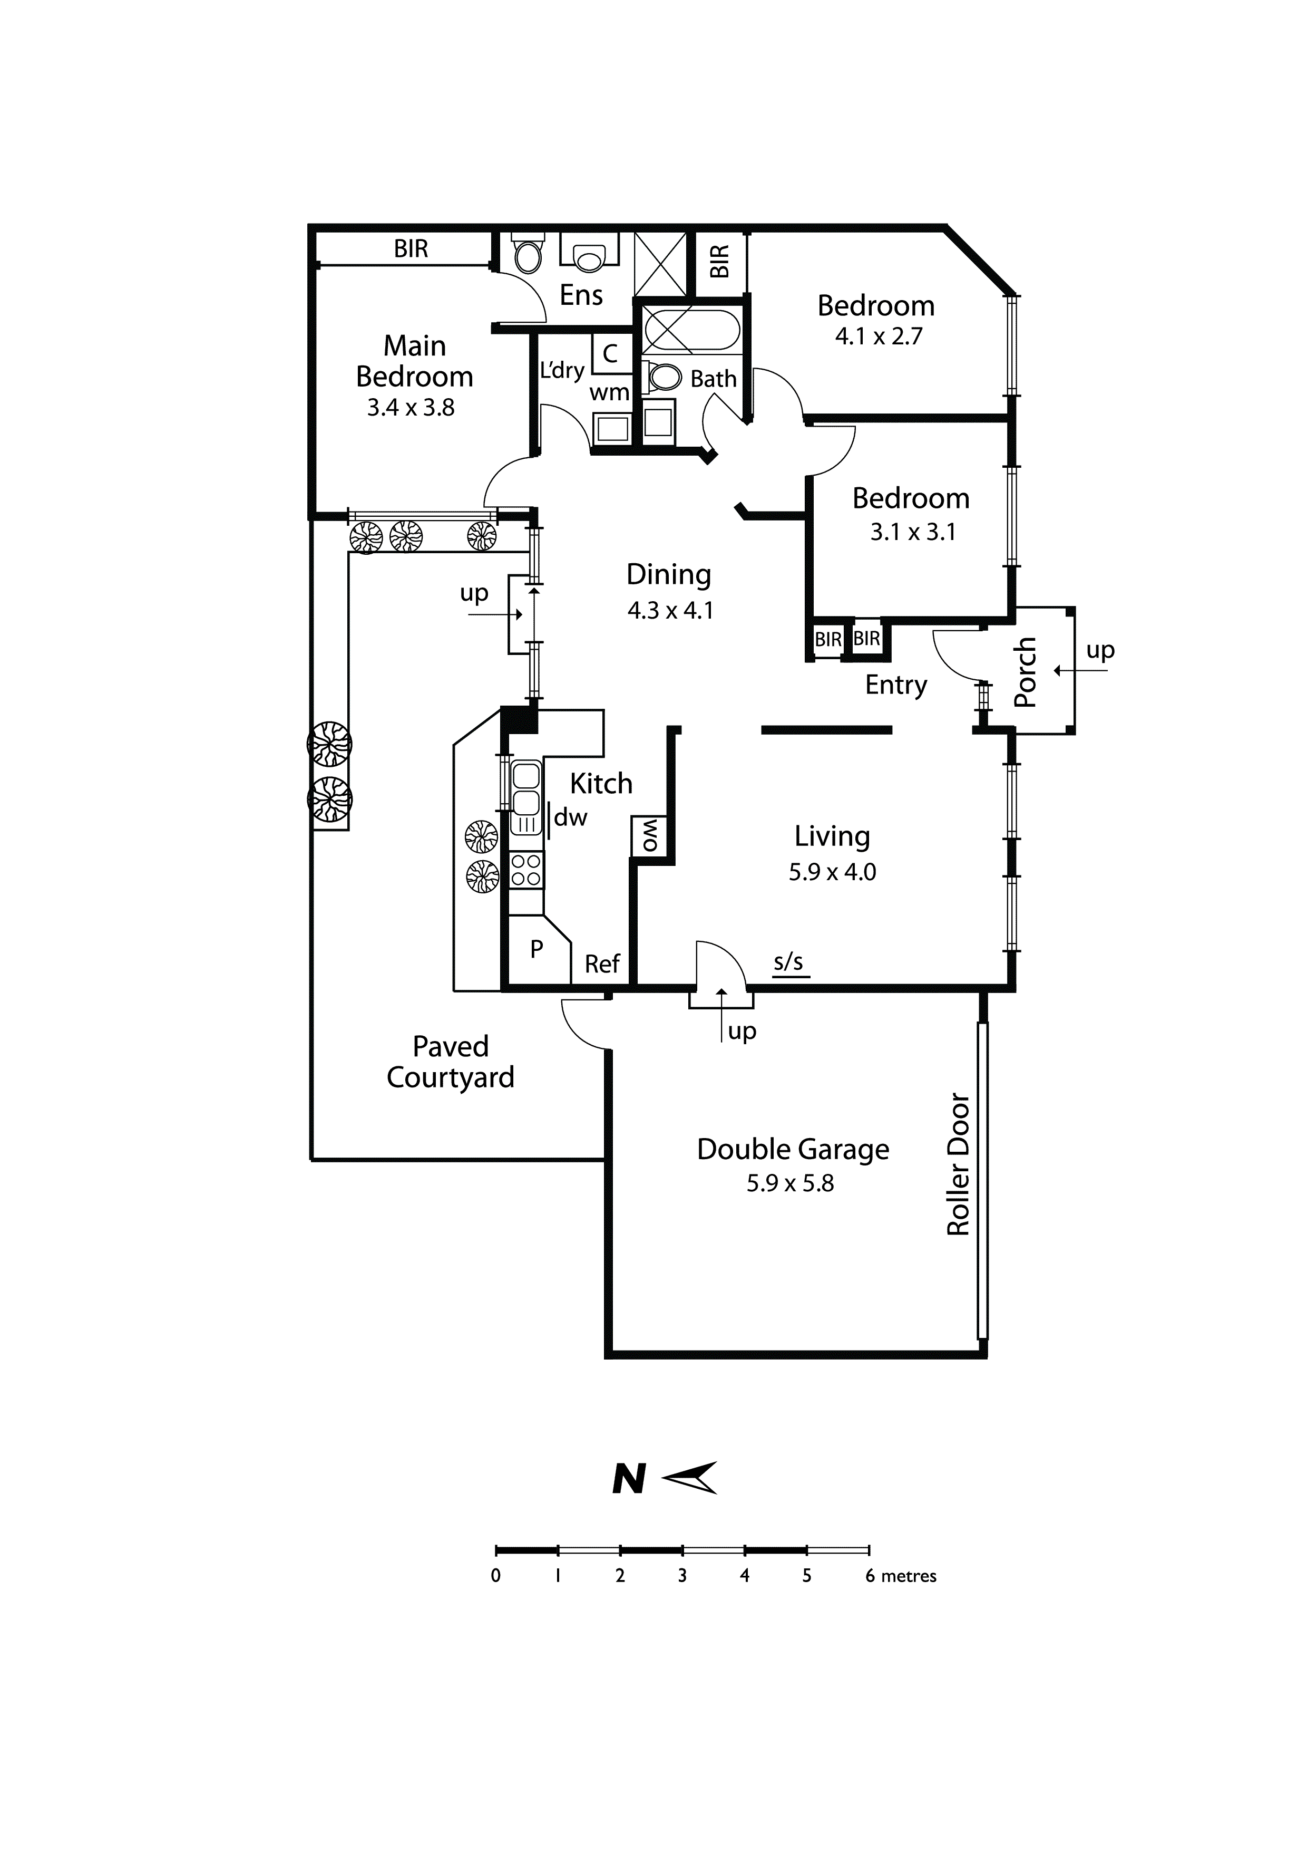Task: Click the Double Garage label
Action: coord(793,1150)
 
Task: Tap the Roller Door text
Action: coord(958,1164)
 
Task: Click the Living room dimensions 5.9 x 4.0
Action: coord(832,872)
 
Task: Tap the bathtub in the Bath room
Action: coord(691,330)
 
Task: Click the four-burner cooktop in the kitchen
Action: coord(526,870)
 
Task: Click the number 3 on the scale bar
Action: coord(682,1576)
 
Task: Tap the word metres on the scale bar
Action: coord(909,1576)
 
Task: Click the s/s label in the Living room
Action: coord(789,961)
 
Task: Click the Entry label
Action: coord(896,686)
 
